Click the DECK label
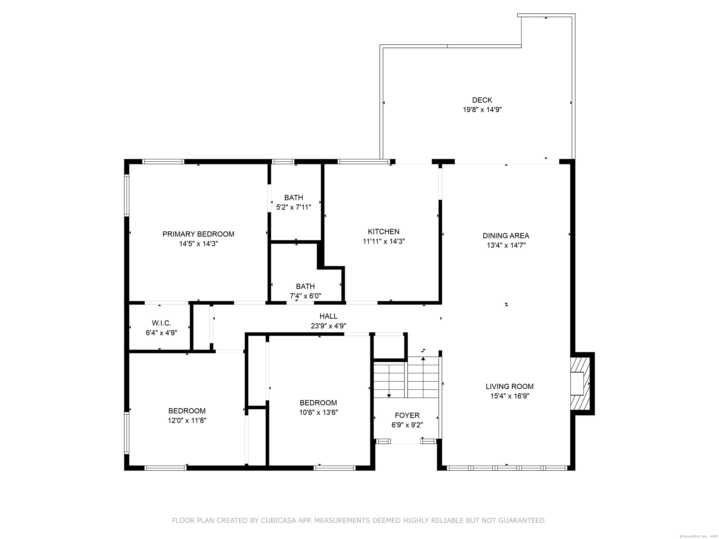[482, 100]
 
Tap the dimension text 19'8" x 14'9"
[482, 110]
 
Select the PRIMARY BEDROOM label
[198, 234]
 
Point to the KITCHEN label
[384, 232]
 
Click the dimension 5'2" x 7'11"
[293, 207]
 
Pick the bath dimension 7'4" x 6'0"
[305, 296]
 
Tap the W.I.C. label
[161, 323]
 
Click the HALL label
[328, 316]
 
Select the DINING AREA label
[506, 236]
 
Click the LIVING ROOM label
[509, 386]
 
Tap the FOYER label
[407, 415]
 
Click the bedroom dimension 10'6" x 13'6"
[318, 412]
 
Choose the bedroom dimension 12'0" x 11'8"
[187, 420]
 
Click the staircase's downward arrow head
[389, 396]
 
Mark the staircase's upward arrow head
[423, 359]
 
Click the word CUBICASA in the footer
[278, 521]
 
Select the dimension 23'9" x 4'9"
[328, 326]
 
